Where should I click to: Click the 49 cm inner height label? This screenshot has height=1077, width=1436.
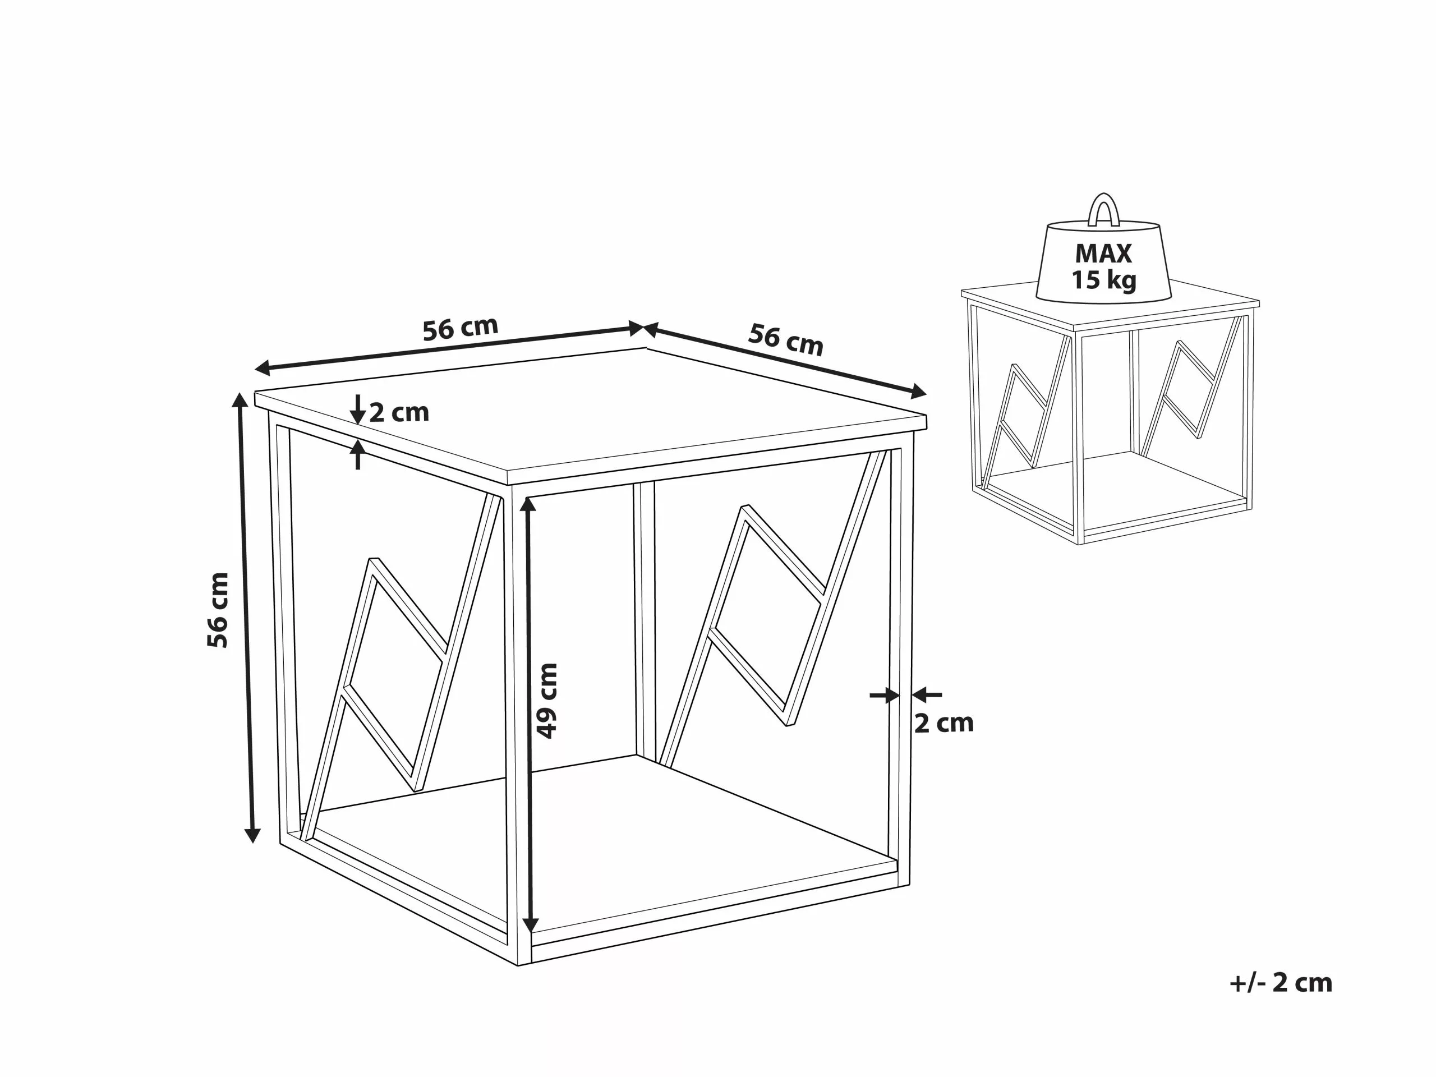(x=548, y=701)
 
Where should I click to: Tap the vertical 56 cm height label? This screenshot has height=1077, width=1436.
(x=218, y=610)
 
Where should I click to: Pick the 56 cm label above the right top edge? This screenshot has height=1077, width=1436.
(x=785, y=339)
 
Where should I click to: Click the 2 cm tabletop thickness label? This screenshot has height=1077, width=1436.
(x=399, y=412)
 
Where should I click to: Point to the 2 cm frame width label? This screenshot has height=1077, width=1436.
(x=944, y=723)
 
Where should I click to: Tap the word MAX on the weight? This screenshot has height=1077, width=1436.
(x=1103, y=253)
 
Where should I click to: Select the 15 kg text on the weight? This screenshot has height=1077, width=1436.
(x=1103, y=280)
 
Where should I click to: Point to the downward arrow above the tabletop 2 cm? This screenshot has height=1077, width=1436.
(x=357, y=409)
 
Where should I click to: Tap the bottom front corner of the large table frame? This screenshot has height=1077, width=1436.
(x=518, y=965)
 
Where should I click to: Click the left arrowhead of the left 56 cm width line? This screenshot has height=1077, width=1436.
(x=263, y=369)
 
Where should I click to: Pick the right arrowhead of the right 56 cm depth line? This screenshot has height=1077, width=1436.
(x=919, y=392)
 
